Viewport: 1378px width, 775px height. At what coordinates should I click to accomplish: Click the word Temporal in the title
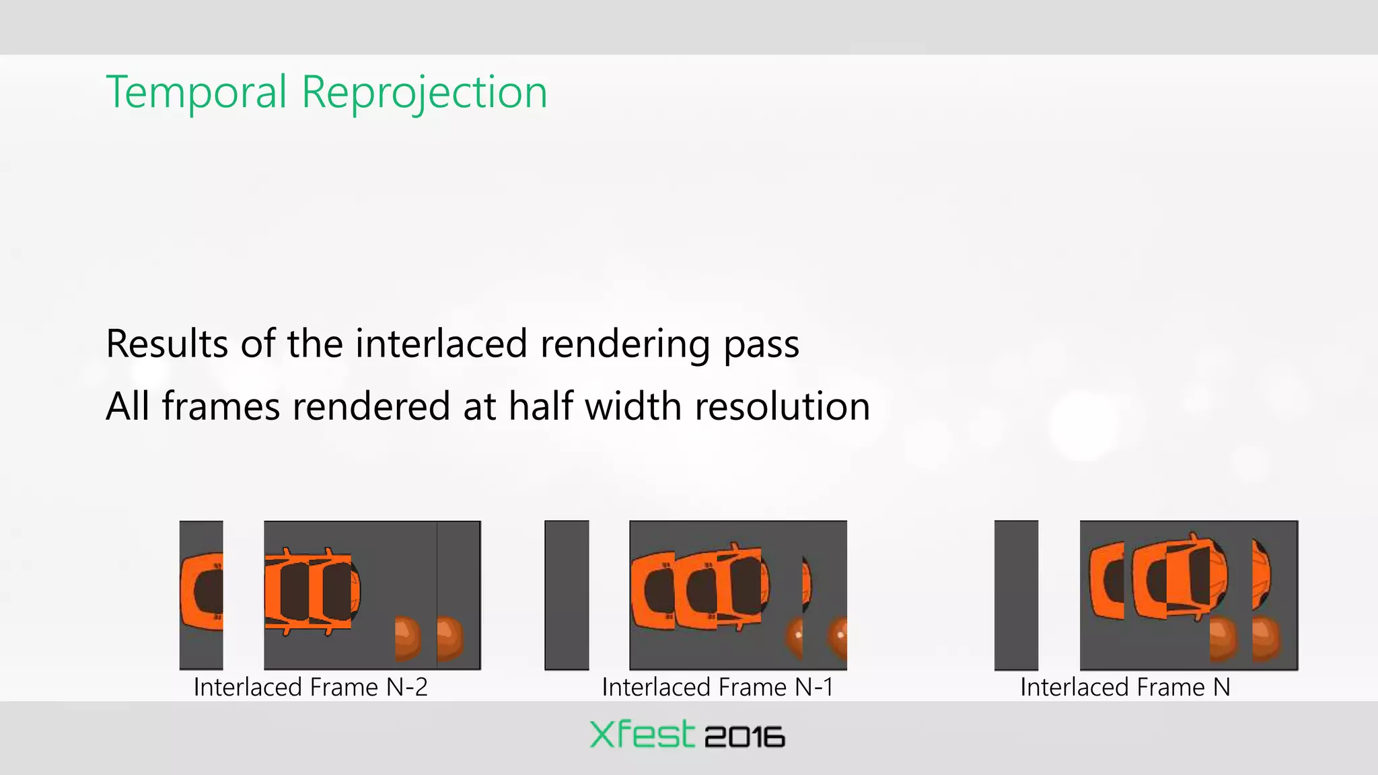196,92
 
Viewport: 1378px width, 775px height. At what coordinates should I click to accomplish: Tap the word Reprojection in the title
424,92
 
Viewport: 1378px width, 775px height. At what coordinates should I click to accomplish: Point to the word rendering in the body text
625,344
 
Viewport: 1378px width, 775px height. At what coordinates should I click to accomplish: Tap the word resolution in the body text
782,406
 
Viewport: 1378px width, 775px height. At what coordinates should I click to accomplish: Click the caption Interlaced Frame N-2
310,687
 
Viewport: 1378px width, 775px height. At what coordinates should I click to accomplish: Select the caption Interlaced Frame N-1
717,687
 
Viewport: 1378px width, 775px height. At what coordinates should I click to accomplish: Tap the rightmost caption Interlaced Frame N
1125,687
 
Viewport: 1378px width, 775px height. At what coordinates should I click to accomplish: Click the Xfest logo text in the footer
641,734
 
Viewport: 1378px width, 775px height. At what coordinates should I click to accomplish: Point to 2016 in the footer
744,737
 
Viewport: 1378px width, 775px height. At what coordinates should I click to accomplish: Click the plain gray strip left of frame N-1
567,595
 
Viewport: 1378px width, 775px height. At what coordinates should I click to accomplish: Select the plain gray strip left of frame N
1016,595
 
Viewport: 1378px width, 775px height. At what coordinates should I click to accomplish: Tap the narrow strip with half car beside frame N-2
201,595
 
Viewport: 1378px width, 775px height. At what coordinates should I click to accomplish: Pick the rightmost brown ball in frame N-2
449,638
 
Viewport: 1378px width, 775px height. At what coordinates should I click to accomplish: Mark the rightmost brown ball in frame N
1266,639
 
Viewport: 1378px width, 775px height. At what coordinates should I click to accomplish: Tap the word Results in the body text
167,344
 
